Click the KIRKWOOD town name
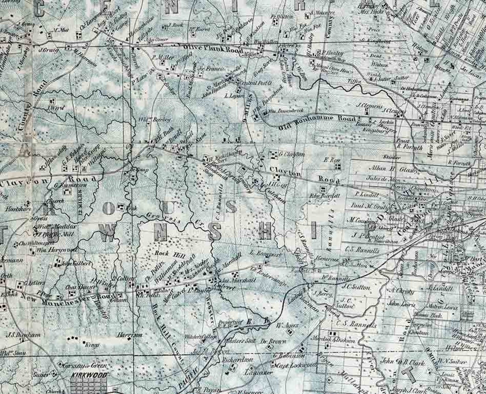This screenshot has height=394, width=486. click(x=89, y=376)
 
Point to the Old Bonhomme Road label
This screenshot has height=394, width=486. click(x=310, y=122)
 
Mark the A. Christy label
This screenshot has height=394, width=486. click(x=402, y=291)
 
